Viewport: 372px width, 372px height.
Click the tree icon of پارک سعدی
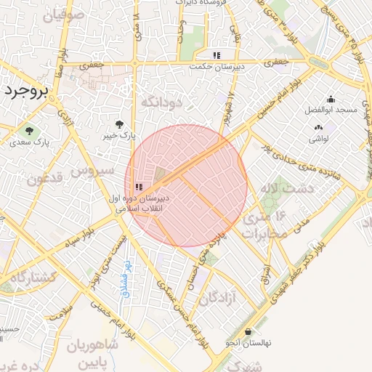(30, 132)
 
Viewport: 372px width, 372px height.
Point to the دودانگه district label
(168, 102)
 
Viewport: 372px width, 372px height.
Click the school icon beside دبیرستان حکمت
(216, 55)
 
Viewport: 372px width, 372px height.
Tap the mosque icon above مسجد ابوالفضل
(331, 100)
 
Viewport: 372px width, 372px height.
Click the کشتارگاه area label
(30, 275)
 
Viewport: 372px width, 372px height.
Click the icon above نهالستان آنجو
(248, 331)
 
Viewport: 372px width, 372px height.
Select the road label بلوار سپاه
(79, 242)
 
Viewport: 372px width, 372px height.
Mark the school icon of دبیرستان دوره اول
(138, 187)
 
